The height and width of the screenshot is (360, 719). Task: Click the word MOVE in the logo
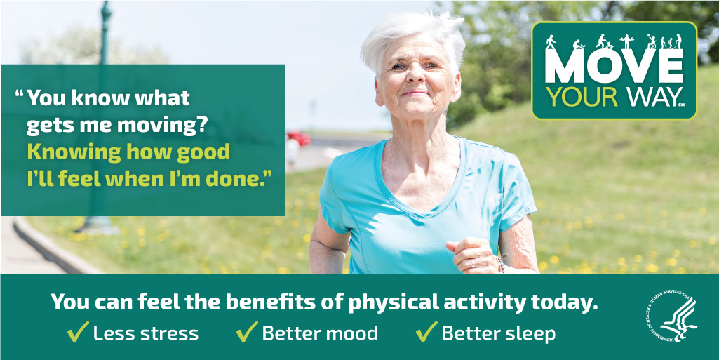tap(614, 66)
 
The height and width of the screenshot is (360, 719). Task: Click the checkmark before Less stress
tap(78, 331)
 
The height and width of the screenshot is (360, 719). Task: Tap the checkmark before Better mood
tap(247, 331)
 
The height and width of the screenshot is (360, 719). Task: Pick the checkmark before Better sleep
tap(426, 331)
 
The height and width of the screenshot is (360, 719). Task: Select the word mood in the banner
tap(353, 333)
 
